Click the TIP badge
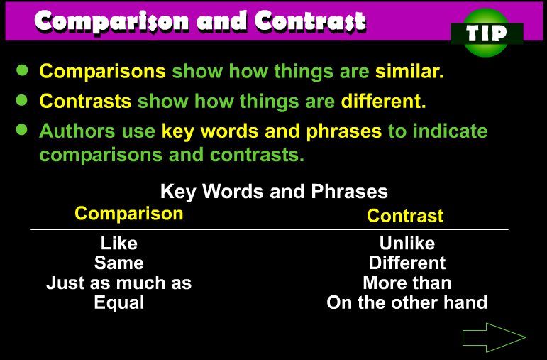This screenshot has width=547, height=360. pos(487,33)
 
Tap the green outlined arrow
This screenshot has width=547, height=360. pos(494,337)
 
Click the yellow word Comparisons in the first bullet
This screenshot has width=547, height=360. pos(103,72)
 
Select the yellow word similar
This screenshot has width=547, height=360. pos(409,71)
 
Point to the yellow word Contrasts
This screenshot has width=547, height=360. pos(85,102)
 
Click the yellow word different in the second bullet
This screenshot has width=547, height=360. pos(383,102)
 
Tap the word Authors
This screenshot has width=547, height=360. pos(77,131)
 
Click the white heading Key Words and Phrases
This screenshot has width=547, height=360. pos(274,191)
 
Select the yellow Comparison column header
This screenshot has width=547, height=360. pos(129,213)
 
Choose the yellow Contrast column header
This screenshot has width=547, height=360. pos(405,216)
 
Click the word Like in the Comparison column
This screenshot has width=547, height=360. pos(119,243)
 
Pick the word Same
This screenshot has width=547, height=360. pos(119,263)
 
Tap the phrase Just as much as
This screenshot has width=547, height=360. pos(119,283)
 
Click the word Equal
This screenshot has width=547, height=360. pos(119,302)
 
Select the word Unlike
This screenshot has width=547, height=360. pos(407,243)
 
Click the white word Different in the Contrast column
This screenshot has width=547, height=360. pos(407,263)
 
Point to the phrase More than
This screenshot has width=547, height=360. pos(407,283)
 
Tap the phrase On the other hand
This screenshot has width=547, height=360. pos(407,302)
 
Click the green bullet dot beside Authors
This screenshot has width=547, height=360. pos(21,129)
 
